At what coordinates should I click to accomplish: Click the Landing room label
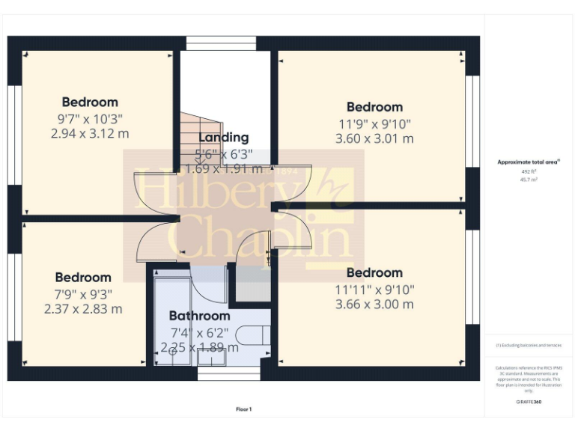[x=223, y=138]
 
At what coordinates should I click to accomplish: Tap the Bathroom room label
[x=199, y=316]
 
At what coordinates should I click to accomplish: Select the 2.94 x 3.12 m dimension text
[x=90, y=134]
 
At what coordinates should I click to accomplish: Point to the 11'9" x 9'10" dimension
[x=374, y=123]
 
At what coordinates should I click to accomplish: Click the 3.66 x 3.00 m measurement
[x=374, y=305]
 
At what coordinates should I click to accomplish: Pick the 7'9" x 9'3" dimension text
[x=82, y=293]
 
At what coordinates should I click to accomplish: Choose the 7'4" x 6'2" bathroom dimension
[x=199, y=332]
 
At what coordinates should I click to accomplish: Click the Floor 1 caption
[x=244, y=409]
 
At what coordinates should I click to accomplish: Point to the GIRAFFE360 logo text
[x=529, y=403]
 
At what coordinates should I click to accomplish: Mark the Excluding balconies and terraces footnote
[x=529, y=345]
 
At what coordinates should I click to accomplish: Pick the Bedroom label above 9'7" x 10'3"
[x=90, y=103]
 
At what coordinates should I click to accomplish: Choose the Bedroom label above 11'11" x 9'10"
[x=374, y=273]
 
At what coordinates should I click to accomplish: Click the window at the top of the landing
[x=221, y=43]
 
